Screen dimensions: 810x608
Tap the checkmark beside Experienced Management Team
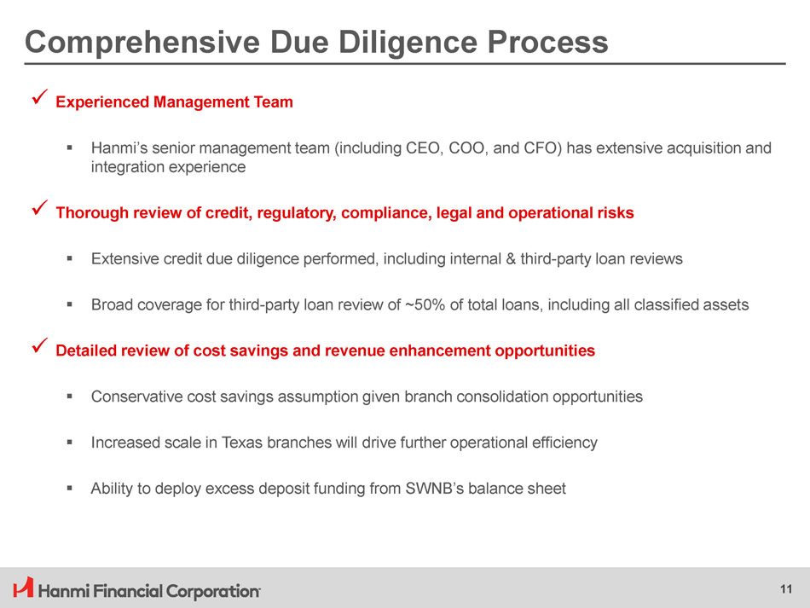coord(40,96)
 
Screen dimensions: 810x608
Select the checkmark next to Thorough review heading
coord(40,208)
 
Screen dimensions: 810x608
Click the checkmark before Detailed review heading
coord(40,345)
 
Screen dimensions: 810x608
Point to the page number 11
coord(786,589)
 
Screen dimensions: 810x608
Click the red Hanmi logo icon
coord(23,588)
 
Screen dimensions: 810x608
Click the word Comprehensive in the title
coord(142,43)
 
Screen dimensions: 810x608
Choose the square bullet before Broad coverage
coord(69,304)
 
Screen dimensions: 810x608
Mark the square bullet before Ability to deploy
coord(69,488)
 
